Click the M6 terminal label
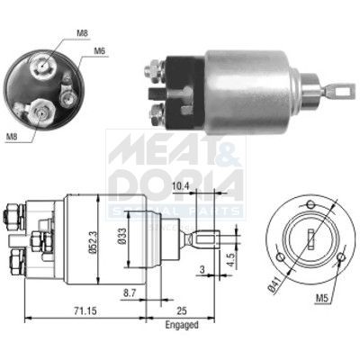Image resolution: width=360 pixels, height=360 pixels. coord(100,51)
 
